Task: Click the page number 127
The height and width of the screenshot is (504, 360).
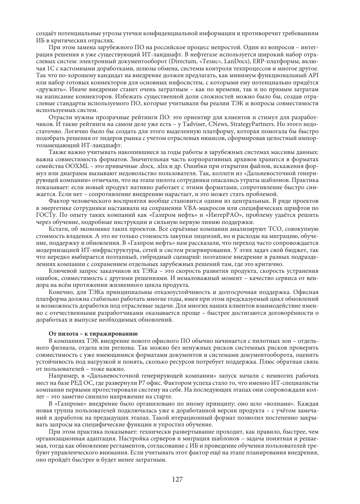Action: click(x=180, y=480)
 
